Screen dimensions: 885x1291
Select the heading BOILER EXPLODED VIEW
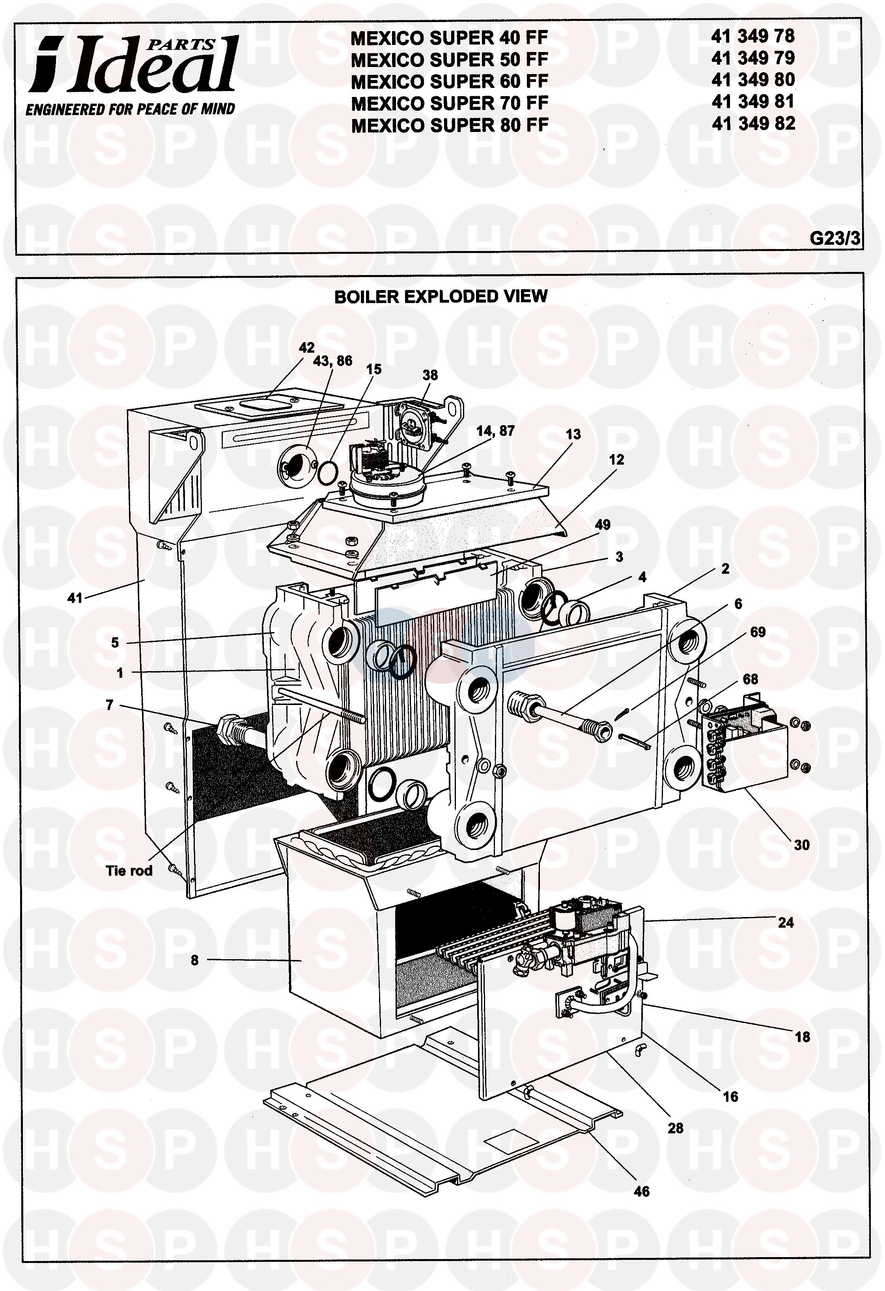coord(441,297)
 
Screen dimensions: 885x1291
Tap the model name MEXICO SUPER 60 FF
coord(450,82)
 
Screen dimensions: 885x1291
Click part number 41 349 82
coord(753,123)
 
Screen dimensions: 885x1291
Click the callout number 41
coord(75,598)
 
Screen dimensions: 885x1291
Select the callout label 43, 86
coord(333,361)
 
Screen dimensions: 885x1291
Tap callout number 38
coord(430,375)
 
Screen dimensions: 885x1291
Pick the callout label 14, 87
coord(495,430)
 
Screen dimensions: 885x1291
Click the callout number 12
coord(616,459)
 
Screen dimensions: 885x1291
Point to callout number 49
coord(603,525)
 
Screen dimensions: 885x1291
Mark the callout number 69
coord(758,632)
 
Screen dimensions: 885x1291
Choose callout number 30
coord(802,845)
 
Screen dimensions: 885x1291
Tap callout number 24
coord(786,923)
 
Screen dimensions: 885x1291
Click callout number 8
coord(194,960)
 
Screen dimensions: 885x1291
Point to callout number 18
coord(802,1036)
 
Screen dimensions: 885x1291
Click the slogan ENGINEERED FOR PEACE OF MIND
coord(131,109)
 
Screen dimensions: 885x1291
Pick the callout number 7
coord(110,705)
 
